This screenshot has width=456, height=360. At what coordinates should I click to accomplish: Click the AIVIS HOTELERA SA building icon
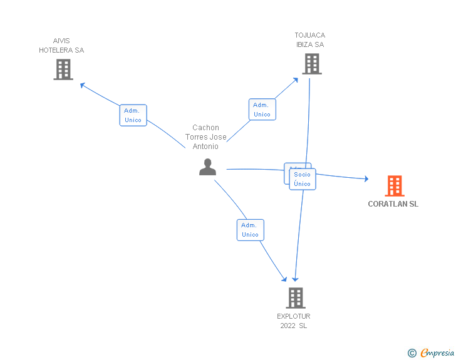[x=63, y=69]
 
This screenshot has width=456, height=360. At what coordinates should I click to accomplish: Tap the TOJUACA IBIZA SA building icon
[x=311, y=64]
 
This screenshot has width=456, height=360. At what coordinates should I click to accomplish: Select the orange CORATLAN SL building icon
[x=394, y=186]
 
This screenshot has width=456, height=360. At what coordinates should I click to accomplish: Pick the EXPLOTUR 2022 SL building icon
[x=296, y=298]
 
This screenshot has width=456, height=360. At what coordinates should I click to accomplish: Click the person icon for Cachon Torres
[x=207, y=167]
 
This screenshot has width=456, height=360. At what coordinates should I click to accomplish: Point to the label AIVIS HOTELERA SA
[x=61, y=46]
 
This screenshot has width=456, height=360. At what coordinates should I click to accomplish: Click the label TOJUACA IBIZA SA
[x=310, y=39]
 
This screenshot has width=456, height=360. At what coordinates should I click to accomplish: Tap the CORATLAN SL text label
[x=393, y=204]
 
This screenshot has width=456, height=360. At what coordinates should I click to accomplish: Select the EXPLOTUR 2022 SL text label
[x=294, y=321]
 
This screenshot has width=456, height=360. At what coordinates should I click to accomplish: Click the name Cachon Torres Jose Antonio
[x=205, y=137]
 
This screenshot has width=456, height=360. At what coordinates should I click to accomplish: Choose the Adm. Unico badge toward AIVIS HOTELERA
[x=133, y=115]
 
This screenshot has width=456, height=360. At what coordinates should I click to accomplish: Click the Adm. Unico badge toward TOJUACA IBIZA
[x=262, y=110]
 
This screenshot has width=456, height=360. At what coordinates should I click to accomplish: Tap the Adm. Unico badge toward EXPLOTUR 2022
[x=250, y=230]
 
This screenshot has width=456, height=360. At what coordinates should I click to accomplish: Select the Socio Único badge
[x=303, y=179]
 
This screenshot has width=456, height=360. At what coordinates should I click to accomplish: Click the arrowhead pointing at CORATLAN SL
[x=365, y=179]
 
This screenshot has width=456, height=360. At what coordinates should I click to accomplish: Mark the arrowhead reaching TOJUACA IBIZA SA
[x=296, y=80]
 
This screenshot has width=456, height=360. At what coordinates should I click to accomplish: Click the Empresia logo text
[x=437, y=352]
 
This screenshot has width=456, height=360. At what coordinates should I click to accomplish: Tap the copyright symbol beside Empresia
[x=412, y=353]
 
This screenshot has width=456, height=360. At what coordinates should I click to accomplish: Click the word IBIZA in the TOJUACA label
[x=310, y=44]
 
